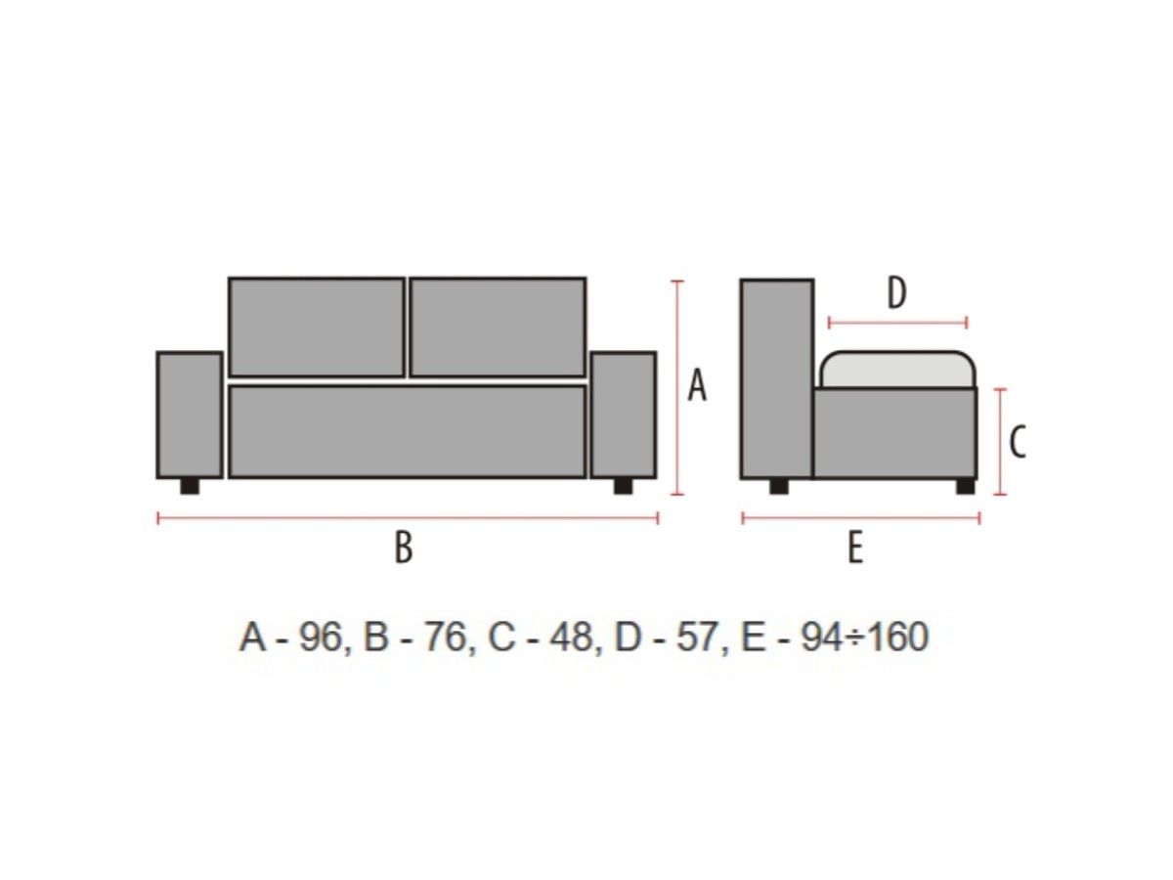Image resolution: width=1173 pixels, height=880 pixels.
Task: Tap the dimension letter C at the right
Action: point(1017,442)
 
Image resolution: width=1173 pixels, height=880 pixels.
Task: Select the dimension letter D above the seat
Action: point(896,292)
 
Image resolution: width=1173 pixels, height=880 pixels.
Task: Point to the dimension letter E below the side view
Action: point(855,548)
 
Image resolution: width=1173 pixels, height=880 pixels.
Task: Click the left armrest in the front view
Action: point(190,415)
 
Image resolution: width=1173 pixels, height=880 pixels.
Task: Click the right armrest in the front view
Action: point(624,415)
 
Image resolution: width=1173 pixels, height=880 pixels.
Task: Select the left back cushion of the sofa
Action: point(317,327)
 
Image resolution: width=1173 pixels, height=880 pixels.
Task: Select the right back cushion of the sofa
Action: point(499,327)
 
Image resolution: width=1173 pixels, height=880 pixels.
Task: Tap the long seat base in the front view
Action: point(408,431)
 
